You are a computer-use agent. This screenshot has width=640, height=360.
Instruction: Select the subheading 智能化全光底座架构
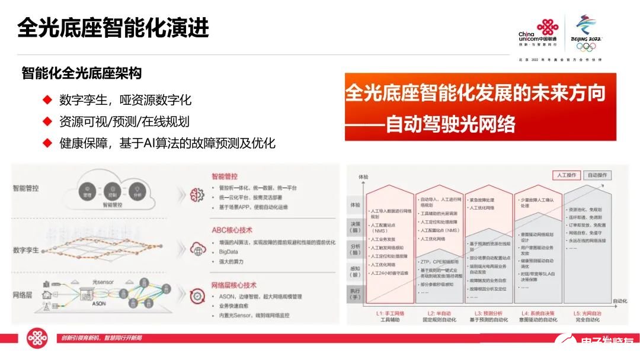pos(81,73)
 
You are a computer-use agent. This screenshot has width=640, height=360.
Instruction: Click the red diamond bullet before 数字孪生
pos(47,99)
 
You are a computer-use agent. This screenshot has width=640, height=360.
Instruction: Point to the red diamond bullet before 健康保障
pos(47,143)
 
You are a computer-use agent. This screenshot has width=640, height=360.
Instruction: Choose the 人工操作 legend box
pos(567,175)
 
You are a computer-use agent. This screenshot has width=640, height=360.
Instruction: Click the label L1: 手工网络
pos(390,312)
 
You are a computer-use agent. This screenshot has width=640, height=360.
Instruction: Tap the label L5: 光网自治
pos(588,312)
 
